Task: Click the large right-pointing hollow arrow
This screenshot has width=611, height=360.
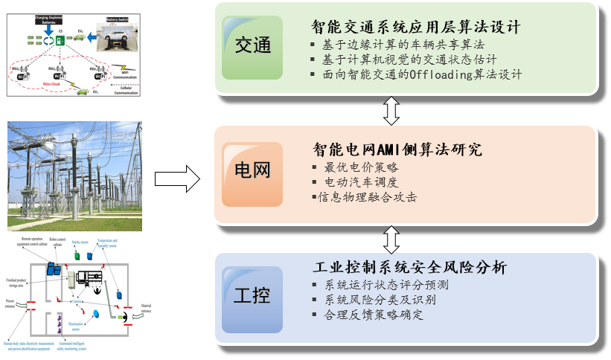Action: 177,179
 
